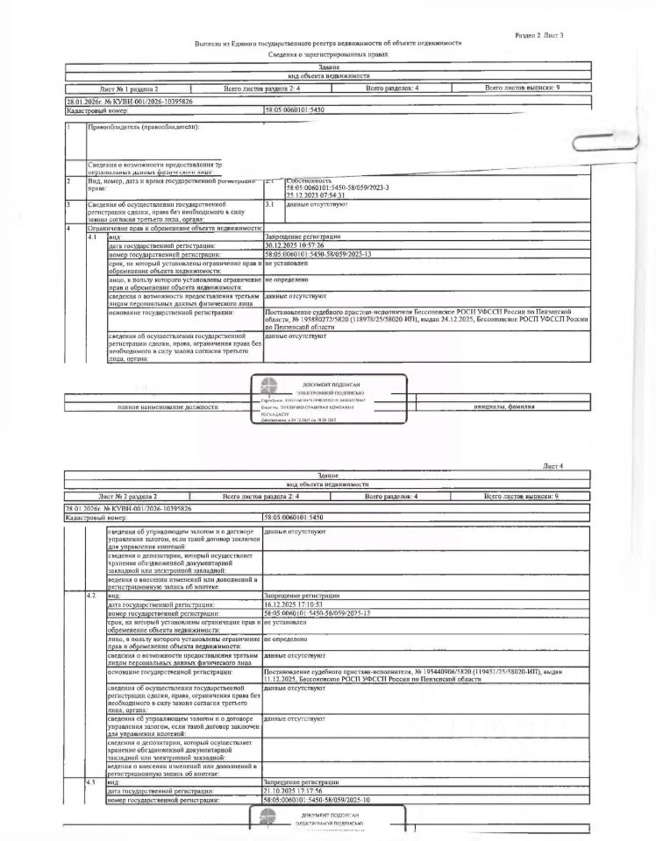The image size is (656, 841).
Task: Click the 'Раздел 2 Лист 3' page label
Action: tap(538, 34)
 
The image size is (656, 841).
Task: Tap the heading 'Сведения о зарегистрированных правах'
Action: tap(328, 54)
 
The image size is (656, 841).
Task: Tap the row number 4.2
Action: tap(91, 596)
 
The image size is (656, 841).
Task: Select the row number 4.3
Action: tap(91, 781)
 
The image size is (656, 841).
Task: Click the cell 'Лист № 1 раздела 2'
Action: tap(129, 89)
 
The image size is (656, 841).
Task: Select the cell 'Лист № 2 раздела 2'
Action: tap(129, 497)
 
